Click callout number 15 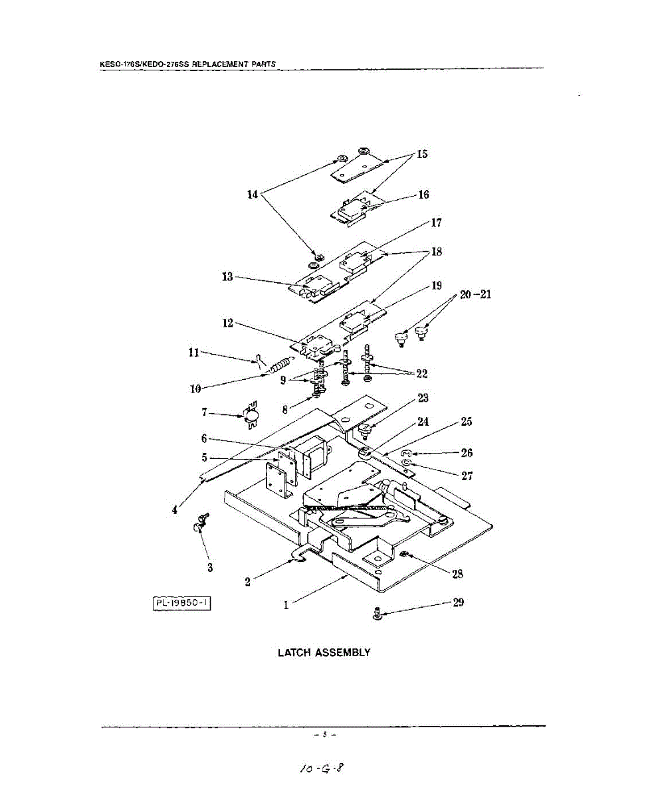pyautogui.click(x=422, y=155)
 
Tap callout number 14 pyautogui.click(x=253, y=195)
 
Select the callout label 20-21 pyautogui.click(x=475, y=295)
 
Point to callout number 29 pyautogui.click(x=458, y=602)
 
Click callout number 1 pyautogui.click(x=286, y=605)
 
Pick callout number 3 pyautogui.click(x=210, y=567)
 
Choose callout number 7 pyautogui.click(x=205, y=412)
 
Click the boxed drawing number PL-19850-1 pyautogui.click(x=182, y=603)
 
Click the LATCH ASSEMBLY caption pyautogui.click(x=324, y=652)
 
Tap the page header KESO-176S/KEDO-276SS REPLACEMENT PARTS pyautogui.click(x=187, y=64)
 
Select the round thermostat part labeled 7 pyautogui.click(x=251, y=416)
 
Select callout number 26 pyautogui.click(x=467, y=453)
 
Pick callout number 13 pyautogui.click(x=227, y=276)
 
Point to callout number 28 pyautogui.click(x=458, y=574)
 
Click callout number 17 pyautogui.click(x=437, y=222)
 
